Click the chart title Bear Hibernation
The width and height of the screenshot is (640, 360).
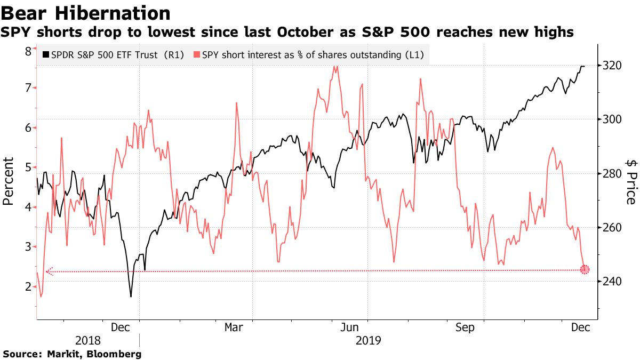[85, 13]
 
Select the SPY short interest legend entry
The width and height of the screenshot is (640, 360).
[309, 54]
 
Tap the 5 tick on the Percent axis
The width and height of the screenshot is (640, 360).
[27, 167]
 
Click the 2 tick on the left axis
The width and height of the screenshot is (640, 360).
[27, 287]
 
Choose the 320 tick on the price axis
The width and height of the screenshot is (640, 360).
[611, 66]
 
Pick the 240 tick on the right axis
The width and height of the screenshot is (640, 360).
[611, 282]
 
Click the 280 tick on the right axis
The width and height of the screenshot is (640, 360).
[611, 174]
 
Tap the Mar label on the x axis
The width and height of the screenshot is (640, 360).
[234, 327]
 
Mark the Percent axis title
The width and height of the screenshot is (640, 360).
[8, 182]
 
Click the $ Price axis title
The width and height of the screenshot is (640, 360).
[631, 181]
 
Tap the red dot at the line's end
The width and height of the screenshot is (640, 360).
[585, 270]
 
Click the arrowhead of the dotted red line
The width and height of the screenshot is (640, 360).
[48, 271]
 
